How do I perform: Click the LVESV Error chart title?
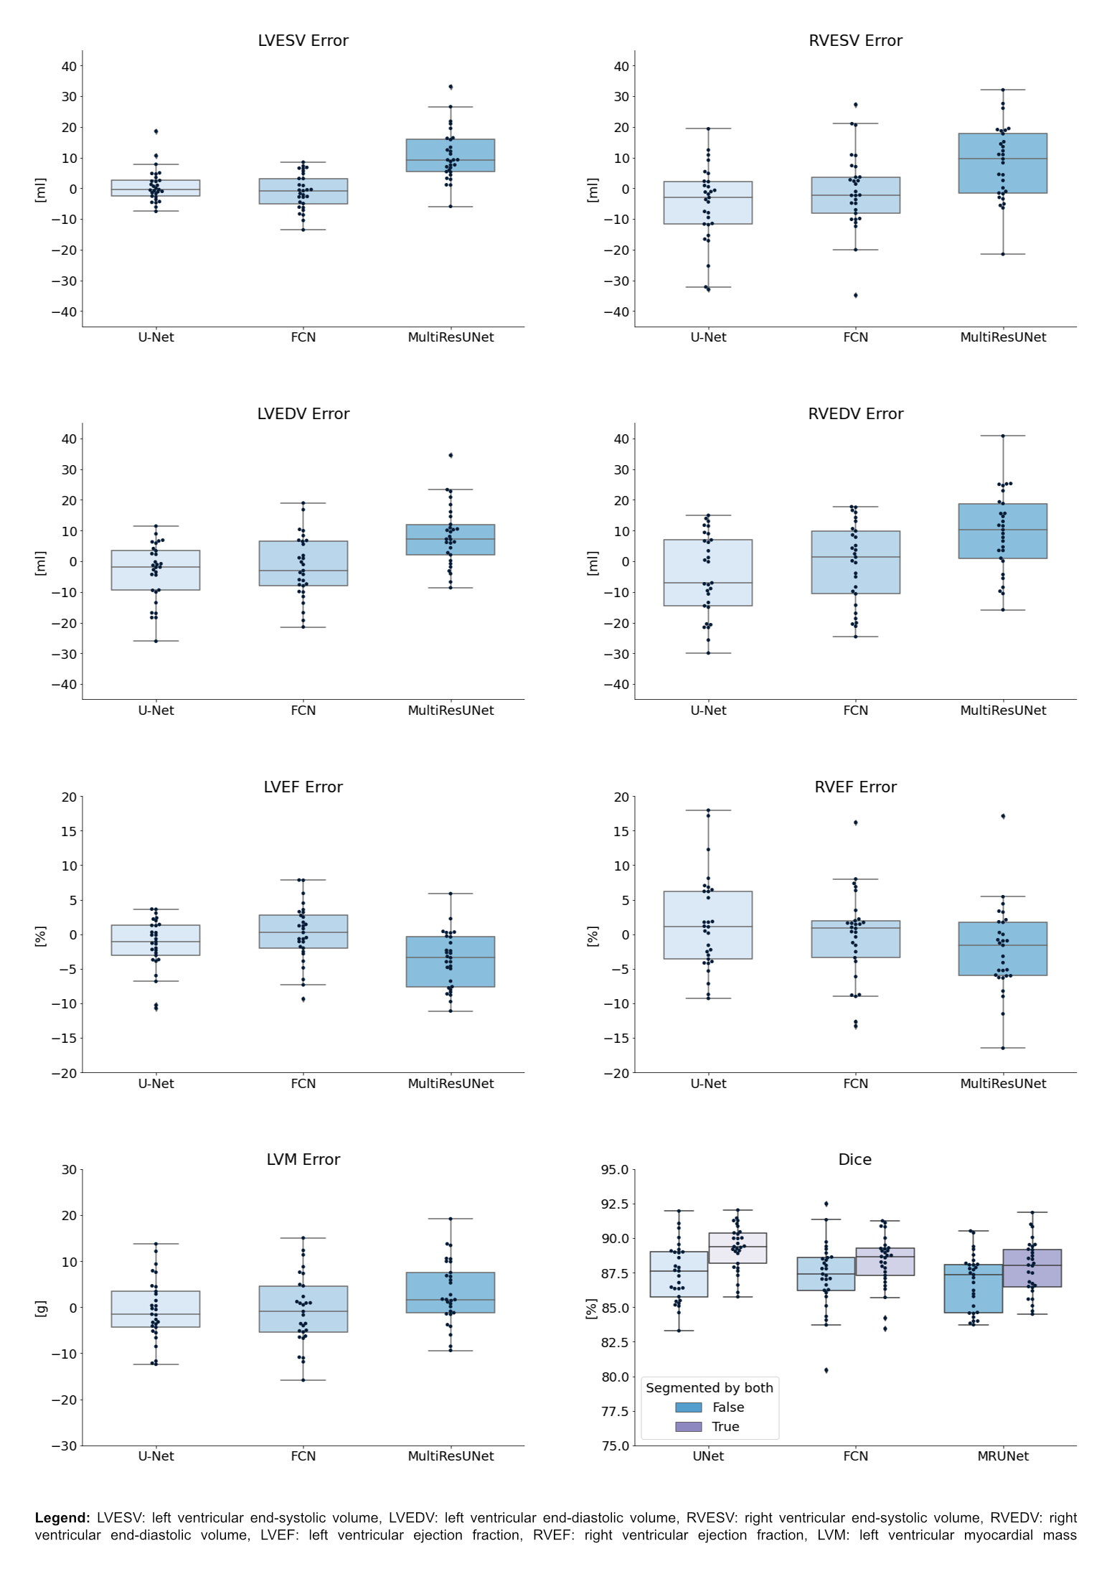[303, 41]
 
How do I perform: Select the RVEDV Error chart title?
[855, 414]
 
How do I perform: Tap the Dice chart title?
[854, 1160]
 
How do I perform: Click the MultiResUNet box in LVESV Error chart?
[451, 155]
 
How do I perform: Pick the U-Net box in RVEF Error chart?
[708, 925]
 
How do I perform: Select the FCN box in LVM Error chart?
[303, 1309]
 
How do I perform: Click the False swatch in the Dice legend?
[688, 1407]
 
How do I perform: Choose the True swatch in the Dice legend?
[688, 1427]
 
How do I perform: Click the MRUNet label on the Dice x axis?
[1002, 1456]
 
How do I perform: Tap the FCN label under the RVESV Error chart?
[855, 337]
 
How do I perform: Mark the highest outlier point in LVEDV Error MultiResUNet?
[451, 455]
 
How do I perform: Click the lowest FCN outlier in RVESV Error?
[855, 295]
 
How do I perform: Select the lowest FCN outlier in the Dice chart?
[826, 1370]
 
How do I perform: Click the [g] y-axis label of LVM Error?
[41, 1308]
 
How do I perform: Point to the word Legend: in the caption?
[62, 1518]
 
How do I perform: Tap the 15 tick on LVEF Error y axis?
[69, 831]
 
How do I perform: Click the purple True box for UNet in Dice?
[738, 1248]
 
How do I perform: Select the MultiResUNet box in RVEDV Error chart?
[1002, 531]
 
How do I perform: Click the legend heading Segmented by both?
[709, 1388]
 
